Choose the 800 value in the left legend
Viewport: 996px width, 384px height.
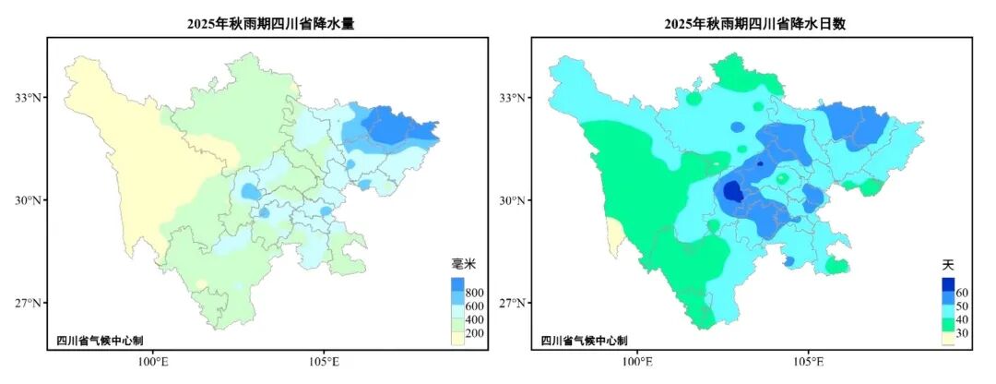pos(475,294)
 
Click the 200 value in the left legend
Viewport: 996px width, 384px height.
pos(475,333)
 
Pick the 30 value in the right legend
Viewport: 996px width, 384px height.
pos(962,333)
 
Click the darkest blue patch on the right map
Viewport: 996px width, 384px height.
pos(733,191)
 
